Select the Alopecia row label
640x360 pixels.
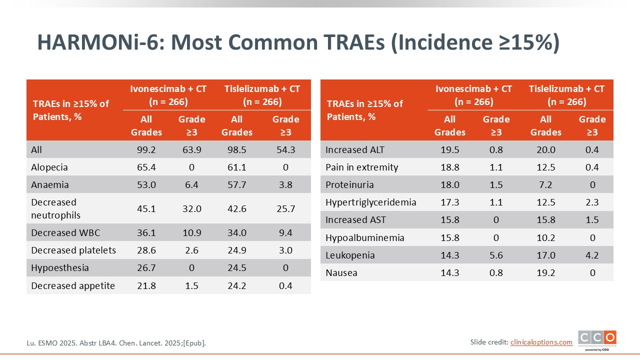tap(49, 167)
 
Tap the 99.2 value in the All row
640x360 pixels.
tap(146, 149)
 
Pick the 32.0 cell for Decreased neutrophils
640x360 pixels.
tap(192, 208)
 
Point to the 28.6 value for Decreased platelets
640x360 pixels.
tap(146, 250)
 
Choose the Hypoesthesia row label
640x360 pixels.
tap(60, 268)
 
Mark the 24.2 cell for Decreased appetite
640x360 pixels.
tap(236, 286)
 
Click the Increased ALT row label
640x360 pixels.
tap(355, 149)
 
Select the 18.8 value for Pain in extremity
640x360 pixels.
tap(449, 167)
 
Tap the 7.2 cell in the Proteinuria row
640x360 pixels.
tap(545, 184)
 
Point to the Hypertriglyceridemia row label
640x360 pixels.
tap(370, 202)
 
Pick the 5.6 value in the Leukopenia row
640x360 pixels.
tap(496, 255)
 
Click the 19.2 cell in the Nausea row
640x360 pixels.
tap(545, 273)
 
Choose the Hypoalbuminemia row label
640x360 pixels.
tap(364, 237)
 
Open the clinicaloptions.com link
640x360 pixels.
tap(541, 342)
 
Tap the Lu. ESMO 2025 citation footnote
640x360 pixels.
tap(116, 343)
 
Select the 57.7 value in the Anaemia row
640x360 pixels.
tap(236, 184)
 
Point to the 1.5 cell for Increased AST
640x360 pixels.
tap(592, 220)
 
